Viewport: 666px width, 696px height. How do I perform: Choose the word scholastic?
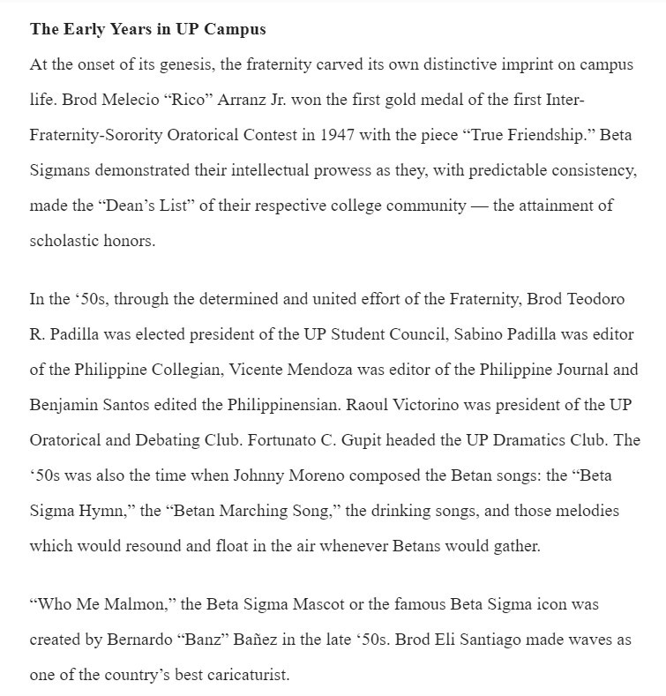click(x=64, y=240)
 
